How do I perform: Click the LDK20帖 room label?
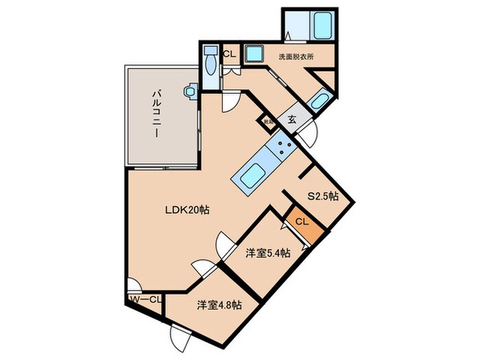(185, 211)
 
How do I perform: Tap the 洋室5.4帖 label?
(268, 253)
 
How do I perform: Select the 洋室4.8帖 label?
(218, 305)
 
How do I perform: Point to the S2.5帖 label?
(322, 196)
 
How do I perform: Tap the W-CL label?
(145, 299)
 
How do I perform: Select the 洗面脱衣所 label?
(296, 57)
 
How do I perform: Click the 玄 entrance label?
(291, 119)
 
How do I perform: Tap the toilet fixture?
(210, 64)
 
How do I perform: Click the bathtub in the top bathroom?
(321, 27)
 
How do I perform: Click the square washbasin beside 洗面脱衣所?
(254, 53)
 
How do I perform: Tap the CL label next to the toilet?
(229, 53)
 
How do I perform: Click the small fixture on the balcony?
(191, 90)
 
